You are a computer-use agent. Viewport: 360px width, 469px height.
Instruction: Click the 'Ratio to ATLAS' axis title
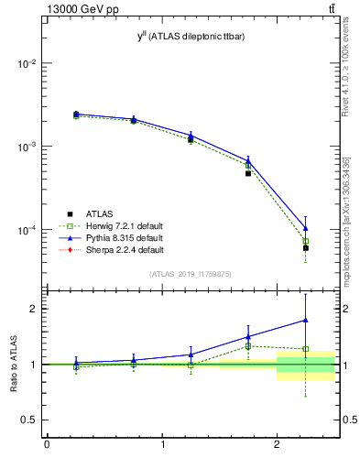(12, 365)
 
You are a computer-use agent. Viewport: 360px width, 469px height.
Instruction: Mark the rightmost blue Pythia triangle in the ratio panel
(306, 320)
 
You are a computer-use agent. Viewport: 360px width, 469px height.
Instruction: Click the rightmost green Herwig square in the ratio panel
(306, 349)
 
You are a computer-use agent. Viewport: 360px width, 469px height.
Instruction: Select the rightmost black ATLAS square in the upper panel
(306, 248)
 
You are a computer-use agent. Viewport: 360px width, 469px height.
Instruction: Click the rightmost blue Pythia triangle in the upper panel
(306, 228)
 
